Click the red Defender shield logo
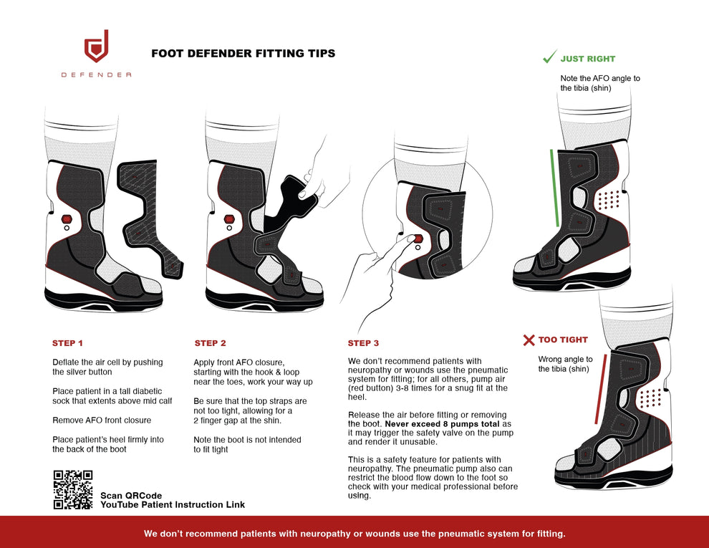coord(96,47)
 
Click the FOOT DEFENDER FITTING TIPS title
coord(243,54)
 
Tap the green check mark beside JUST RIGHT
coord(549,57)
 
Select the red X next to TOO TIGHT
coord(529,340)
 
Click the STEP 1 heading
coord(68,343)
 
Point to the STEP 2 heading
coord(211,343)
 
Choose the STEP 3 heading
coord(364,343)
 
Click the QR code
coord(73,489)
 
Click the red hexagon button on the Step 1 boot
coord(67,218)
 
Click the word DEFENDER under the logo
coord(96,74)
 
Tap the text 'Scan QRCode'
coord(131,496)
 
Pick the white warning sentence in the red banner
coord(354,534)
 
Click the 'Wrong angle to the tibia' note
coord(565,364)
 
